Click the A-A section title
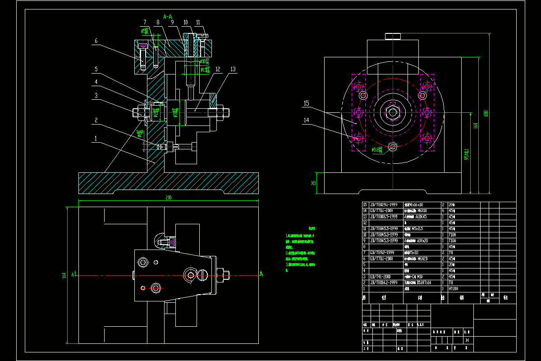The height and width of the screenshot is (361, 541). coord(168,17)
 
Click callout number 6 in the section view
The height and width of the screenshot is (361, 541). coord(96,41)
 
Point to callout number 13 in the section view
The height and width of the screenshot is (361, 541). coord(233,69)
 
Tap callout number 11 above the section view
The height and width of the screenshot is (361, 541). coord(198,22)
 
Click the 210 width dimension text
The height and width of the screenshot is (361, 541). coord(169,198)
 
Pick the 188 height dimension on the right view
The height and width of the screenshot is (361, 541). coord(486,113)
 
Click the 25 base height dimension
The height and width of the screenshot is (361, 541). coord(314,183)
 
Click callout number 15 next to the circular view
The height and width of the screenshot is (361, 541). coord(306,103)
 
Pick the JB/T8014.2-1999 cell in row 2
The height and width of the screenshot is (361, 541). coord(384,282)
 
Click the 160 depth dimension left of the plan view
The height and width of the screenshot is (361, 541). coord(64,275)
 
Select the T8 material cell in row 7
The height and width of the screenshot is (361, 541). coord(451,253)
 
